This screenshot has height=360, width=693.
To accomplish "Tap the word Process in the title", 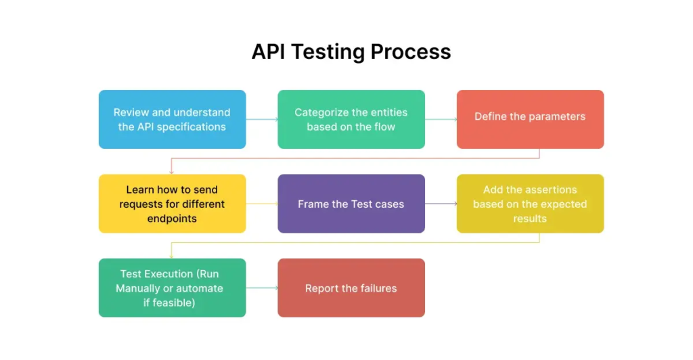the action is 411,51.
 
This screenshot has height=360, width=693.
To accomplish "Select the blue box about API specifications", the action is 173,119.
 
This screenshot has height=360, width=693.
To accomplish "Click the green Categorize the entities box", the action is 351,119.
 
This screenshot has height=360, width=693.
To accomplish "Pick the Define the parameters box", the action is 531,119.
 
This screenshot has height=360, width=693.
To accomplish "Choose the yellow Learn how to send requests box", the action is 173,204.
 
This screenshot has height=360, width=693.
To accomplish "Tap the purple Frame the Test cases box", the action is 351,204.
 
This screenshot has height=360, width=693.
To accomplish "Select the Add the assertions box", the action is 531,204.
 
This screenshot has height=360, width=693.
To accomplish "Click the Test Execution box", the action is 173,288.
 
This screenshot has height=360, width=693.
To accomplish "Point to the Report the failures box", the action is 351,288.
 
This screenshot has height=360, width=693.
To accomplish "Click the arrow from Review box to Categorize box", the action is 262,119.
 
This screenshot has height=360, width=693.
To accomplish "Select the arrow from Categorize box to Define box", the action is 441,119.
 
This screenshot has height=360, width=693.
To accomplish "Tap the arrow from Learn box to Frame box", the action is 262,204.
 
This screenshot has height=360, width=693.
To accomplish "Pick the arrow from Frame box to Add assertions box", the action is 441,204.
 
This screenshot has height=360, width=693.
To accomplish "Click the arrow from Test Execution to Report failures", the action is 262,288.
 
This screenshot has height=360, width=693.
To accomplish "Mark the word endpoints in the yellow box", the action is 172,219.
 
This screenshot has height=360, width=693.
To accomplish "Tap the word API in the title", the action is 269,51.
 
